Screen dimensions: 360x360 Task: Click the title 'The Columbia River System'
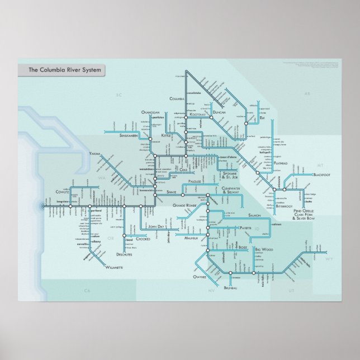(x=60, y=70)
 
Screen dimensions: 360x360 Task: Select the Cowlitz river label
(x=62, y=191)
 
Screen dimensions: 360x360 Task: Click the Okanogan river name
(x=150, y=112)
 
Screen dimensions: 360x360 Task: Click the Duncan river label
(x=219, y=113)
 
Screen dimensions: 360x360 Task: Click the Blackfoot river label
(x=322, y=175)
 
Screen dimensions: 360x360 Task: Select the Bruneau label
(x=230, y=287)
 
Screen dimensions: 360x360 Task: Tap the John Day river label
(x=155, y=226)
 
